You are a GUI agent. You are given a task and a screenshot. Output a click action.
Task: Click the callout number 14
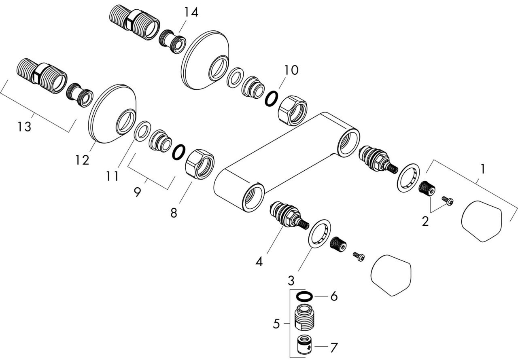(191, 12)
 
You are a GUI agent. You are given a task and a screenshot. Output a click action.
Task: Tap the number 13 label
(24, 127)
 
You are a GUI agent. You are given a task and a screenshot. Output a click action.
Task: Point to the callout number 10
(291, 70)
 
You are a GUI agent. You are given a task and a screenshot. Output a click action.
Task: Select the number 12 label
(82, 160)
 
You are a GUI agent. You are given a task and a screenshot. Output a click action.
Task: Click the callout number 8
(174, 213)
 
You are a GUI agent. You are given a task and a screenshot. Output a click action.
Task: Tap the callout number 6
(334, 296)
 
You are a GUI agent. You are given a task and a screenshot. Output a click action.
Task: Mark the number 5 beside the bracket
(276, 324)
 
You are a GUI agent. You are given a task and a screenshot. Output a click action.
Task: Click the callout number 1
(483, 169)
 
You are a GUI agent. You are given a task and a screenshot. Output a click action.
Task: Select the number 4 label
(259, 262)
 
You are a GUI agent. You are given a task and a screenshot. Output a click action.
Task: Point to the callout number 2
(425, 221)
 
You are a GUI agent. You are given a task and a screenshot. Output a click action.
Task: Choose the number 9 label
(137, 192)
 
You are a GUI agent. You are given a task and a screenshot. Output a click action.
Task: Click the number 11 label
(113, 176)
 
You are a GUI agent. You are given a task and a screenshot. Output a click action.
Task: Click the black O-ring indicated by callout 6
(305, 296)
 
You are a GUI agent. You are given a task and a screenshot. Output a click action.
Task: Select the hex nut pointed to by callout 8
(200, 164)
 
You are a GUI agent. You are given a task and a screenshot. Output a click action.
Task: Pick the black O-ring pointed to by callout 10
(272, 98)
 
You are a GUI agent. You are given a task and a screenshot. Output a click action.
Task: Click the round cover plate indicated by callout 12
(113, 114)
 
